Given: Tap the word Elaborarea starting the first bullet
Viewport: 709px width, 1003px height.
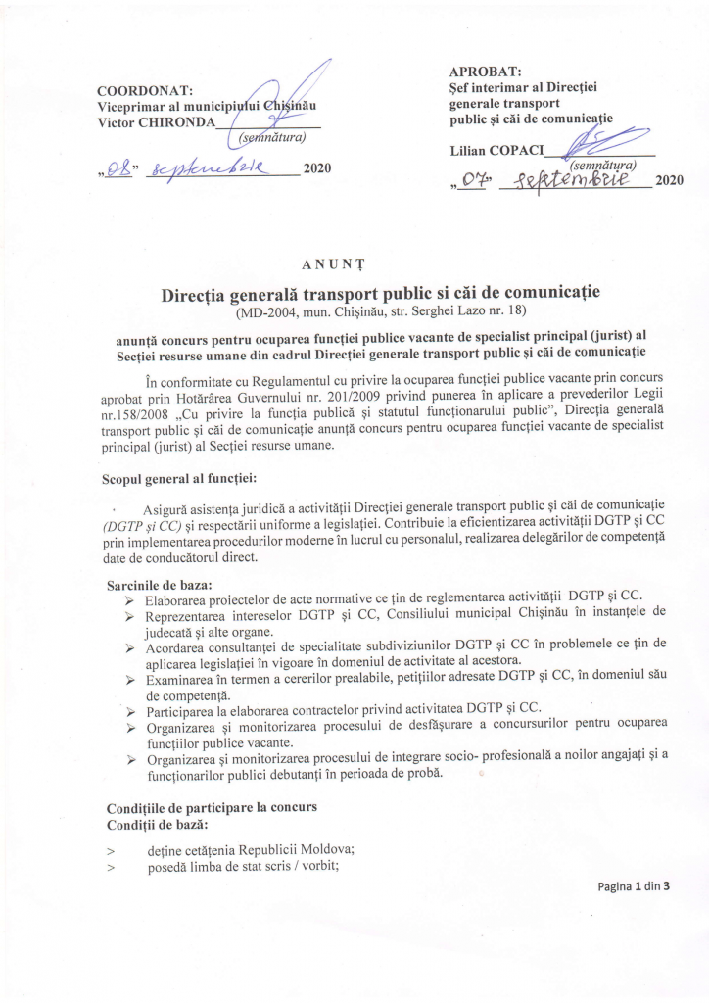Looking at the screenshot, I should tap(179, 598).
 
